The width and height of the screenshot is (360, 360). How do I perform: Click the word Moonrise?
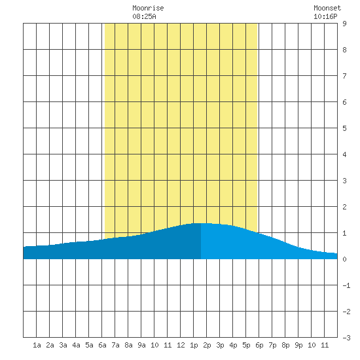point(148,8)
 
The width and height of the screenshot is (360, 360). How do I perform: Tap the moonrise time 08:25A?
point(144,16)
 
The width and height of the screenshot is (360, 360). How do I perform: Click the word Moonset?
point(327,8)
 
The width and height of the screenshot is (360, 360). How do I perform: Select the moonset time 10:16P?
point(325,16)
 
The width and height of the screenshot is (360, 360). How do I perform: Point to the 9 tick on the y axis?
point(344,24)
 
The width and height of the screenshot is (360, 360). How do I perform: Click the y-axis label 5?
point(344,128)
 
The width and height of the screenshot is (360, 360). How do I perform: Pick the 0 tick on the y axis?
point(344,259)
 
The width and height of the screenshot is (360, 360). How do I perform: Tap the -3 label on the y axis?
point(346,338)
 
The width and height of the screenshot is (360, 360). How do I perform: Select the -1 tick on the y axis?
point(346,285)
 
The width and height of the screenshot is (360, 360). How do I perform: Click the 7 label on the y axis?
point(344,76)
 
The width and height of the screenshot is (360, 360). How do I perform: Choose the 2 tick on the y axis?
point(344,207)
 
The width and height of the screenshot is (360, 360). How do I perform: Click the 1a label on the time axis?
point(37,345)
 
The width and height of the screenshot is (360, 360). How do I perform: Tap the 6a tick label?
point(102,345)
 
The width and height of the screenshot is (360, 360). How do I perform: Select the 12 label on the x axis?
point(181,345)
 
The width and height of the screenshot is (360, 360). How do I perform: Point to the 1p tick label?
point(194,345)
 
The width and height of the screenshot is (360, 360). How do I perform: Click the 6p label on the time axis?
point(259,345)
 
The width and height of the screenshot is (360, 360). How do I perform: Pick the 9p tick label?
point(298,345)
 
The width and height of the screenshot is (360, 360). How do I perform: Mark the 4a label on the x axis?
point(76,345)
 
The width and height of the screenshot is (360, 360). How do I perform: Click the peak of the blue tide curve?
point(201,223)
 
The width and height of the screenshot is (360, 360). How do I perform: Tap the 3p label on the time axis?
point(220,345)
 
